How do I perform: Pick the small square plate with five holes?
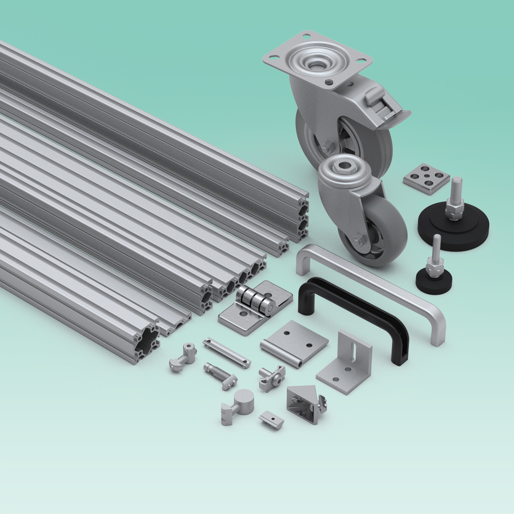pyautogui.click(x=426, y=178)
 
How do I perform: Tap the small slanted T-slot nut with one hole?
pyautogui.click(x=272, y=420)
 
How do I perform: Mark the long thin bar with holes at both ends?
pyautogui.click(x=227, y=353)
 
